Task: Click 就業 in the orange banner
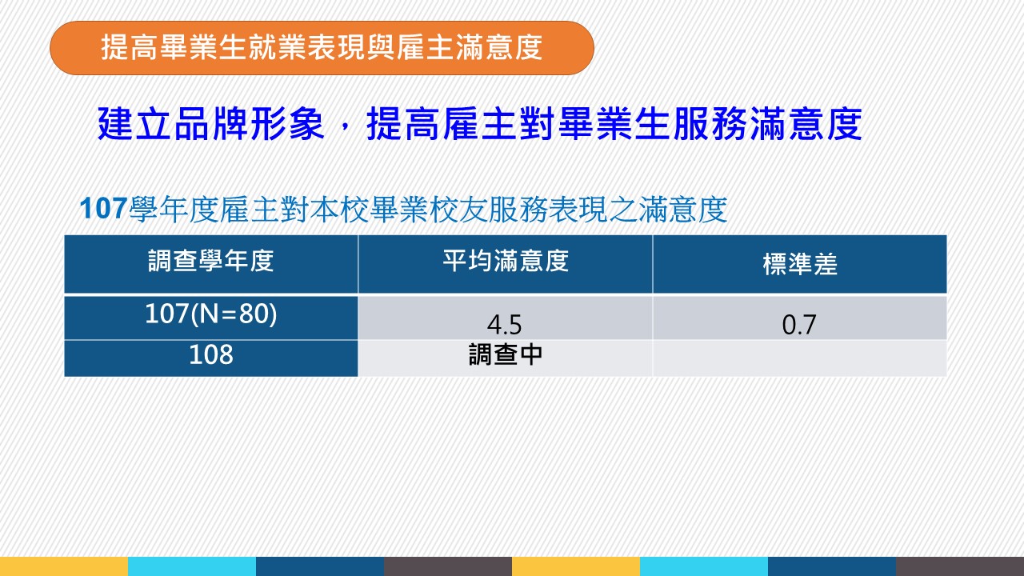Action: pos(278,47)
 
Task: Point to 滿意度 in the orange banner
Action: pos(499,47)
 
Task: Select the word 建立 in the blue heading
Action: pos(135,123)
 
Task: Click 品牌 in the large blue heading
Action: pos(212,123)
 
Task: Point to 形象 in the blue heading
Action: pos(287,123)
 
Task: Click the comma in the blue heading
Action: pos(344,134)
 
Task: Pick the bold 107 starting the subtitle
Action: pos(103,209)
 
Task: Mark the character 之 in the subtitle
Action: pos(622,210)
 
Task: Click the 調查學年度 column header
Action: pos(210,261)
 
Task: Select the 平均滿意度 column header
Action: pos(506,261)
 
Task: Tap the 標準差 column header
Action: pos(800,264)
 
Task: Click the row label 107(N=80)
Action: pos(210,314)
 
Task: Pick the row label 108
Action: pos(210,354)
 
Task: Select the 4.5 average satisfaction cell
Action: pos(504,325)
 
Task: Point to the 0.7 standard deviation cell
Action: pos(799,325)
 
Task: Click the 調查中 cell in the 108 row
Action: pos(506,354)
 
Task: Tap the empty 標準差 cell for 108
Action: pos(799,358)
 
